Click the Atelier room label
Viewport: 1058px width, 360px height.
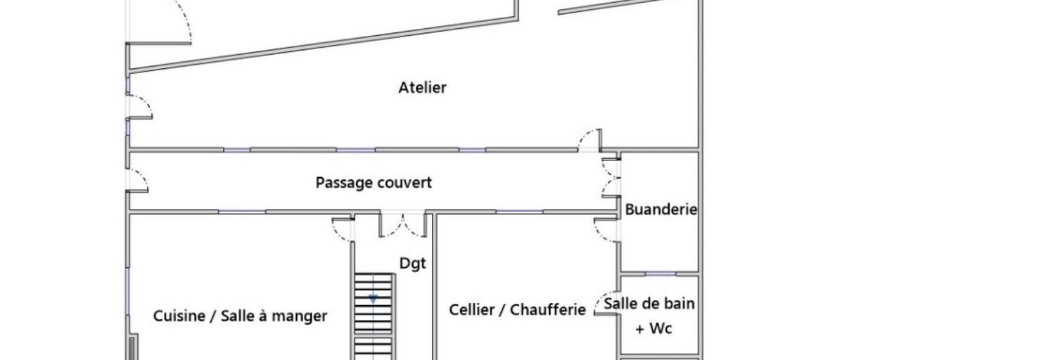click(422, 87)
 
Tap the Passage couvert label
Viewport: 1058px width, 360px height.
click(374, 183)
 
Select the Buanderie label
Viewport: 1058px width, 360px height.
click(661, 209)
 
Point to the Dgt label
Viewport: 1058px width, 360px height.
click(413, 263)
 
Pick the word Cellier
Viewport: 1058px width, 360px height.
click(472, 309)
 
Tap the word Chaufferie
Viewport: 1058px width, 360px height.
click(548, 309)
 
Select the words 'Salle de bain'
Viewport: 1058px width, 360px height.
click(649, 303)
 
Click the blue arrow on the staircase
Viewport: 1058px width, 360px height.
click(373, 299)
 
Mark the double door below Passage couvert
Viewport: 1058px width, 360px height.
click(404, 224)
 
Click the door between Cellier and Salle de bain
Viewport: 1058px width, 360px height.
click(606, 303)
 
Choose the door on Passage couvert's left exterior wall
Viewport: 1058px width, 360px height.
click(138, 180)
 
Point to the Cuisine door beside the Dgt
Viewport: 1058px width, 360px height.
click(343, 230)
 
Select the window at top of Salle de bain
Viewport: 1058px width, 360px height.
click(661, 274)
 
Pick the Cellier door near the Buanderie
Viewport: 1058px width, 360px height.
click(606, 230)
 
